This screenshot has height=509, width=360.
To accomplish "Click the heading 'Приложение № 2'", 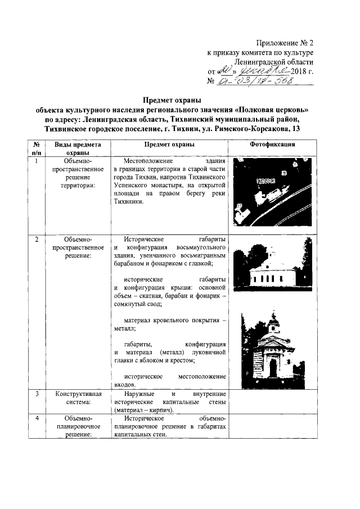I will (284, 42).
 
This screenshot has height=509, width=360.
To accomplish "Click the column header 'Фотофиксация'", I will (272, 145).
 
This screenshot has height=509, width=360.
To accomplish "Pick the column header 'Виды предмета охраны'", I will (78, 148).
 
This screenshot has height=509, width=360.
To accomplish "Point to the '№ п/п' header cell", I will (37, 148).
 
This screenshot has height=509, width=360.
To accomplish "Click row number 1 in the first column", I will (37, 161).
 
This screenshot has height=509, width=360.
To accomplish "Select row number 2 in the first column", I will (37, 240).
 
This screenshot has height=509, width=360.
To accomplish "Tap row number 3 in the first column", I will (37, 394).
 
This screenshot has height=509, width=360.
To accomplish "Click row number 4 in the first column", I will (37, 419).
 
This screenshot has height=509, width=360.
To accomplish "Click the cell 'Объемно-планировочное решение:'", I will (78, 427).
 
